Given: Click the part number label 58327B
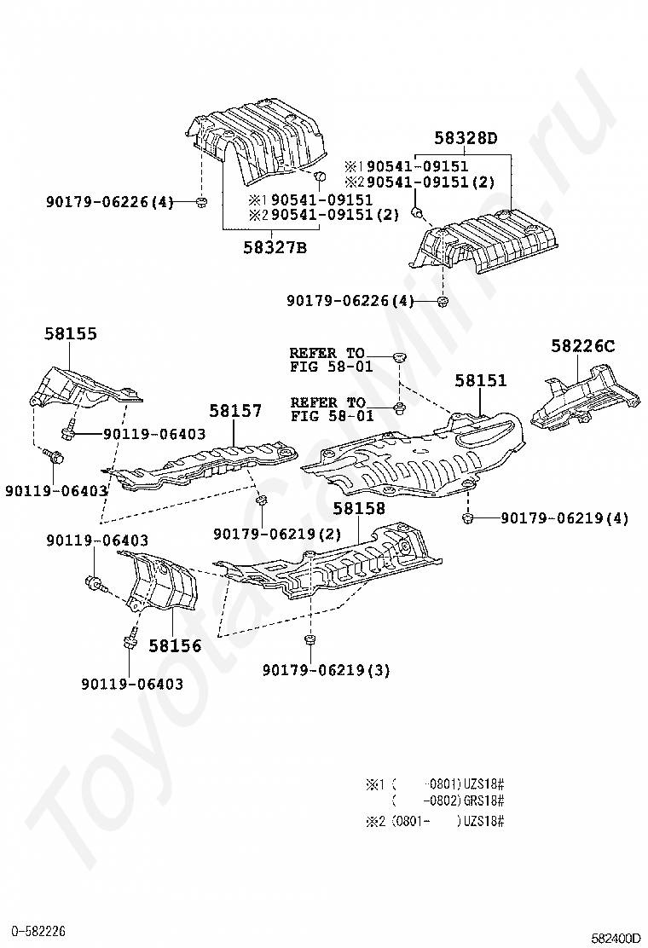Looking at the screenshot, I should (275, 248).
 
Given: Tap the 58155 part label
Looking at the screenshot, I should (71, 334).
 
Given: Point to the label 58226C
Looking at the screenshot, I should (582, 345).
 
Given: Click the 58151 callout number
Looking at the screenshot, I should (480, 381).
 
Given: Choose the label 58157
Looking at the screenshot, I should (235, 411).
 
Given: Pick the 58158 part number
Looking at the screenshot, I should (358, 509).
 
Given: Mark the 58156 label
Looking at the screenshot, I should (175, 646).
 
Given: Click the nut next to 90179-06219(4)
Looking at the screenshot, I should (467, 517).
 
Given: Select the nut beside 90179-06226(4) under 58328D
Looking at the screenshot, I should (443, 301).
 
